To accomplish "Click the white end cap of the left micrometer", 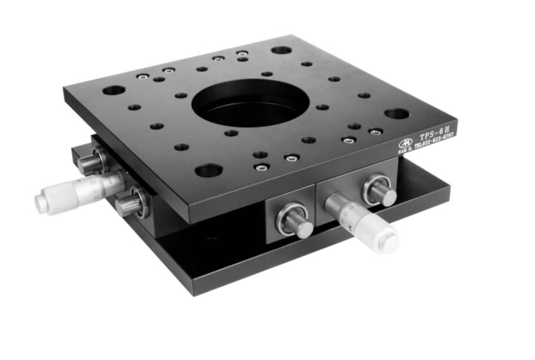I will [41, 203].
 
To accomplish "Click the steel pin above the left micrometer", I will [91, 162].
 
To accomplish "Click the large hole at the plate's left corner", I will [113, 90].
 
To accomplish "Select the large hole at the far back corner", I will [281, 50].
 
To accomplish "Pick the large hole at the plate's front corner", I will [208, 170].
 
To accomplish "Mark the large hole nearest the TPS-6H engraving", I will [397, 114].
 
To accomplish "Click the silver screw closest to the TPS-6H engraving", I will [376, 131].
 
